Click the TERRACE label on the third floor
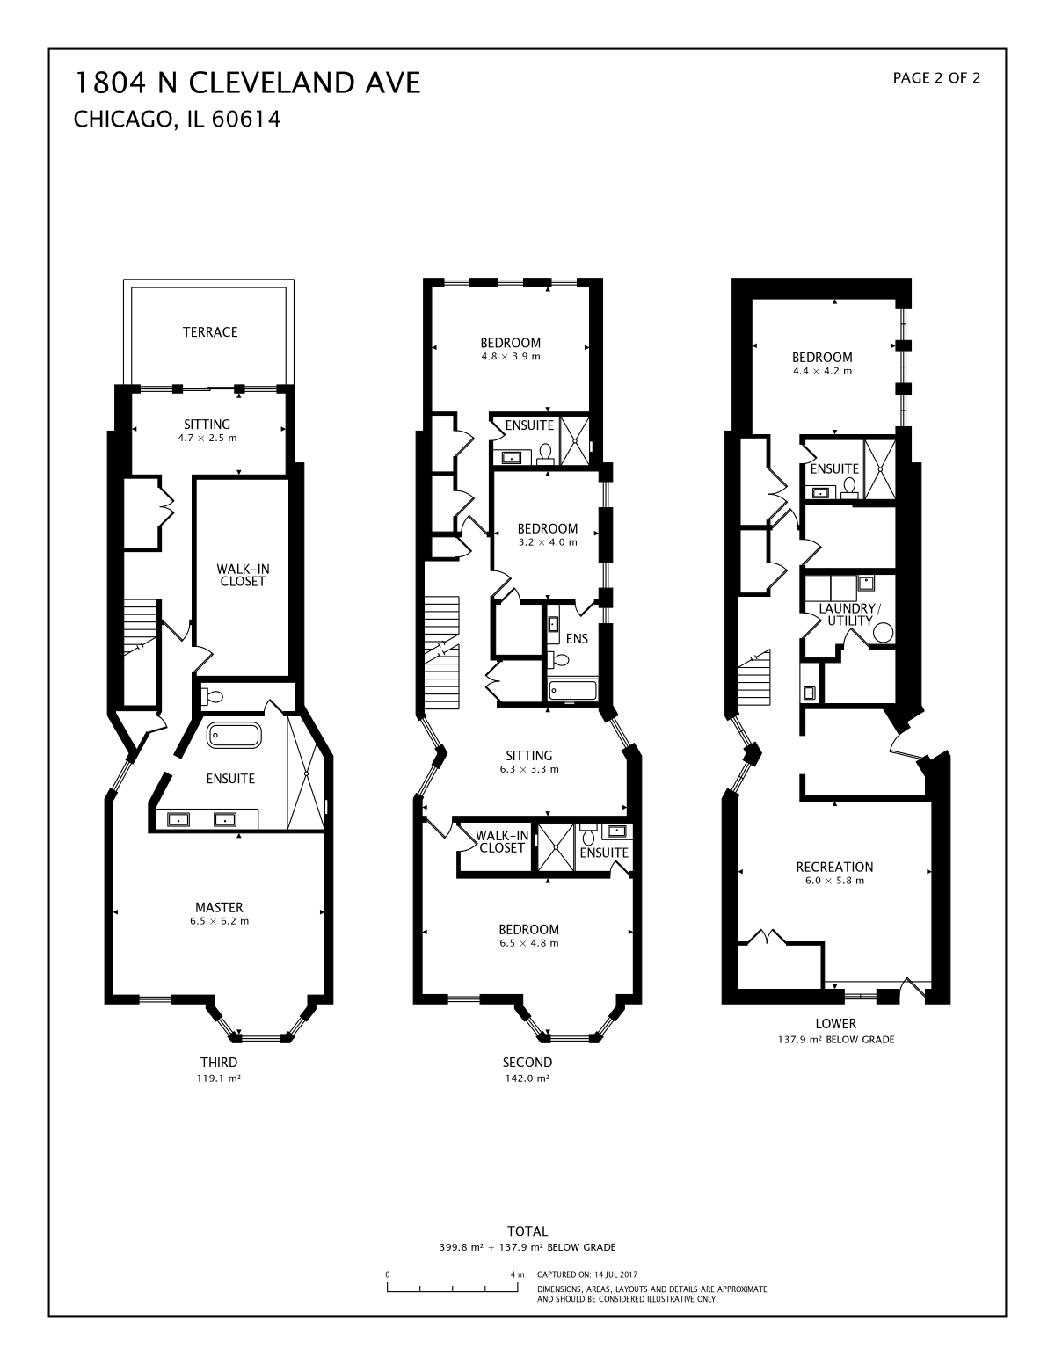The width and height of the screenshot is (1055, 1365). pyautogui.click(x=210, y=331)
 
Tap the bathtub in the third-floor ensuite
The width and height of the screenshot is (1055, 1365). pyautogui.click(x=234, y=735)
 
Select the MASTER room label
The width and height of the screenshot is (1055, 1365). pyautogui.click(x=219, y=907)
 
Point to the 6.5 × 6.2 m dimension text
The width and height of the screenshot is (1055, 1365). pyautogui.click(x=219, y=921)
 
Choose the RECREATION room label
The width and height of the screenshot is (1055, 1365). pyautogui.click(x=834, y=867)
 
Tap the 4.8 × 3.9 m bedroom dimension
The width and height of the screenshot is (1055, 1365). pyautogui.click(x=511, y=357)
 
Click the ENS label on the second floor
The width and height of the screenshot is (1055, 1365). pyautogui.click(x=577, y=639)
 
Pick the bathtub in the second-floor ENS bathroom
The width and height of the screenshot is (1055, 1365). pyautogui.click(x=572, y=691)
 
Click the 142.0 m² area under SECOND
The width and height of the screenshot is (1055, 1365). pyautogui.click(x=527, y=1078)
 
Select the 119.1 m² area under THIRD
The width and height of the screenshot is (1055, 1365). pyautogui.click(x=219, y=1078)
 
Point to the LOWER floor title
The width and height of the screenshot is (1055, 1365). pyautogui.click(x=836, y=1023)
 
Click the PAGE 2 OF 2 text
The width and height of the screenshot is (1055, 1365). pyautogui.click(x=936, y=78)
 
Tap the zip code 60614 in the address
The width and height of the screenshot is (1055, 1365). pyautogui.click(x=245, y=120)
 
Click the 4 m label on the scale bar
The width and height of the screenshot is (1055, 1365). pyautogui.click(x=518, y=1274)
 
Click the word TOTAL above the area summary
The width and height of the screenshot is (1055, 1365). pyautogui.click(x=527, y=1231)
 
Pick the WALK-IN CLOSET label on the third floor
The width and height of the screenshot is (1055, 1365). pyautogui.click(x=244, y=576)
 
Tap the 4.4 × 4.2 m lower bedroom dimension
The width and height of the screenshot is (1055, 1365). pyautogui.click(x=823, y=371)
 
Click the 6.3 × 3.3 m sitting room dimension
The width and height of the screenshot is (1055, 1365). pyautogui.click(x=529, y=769)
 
